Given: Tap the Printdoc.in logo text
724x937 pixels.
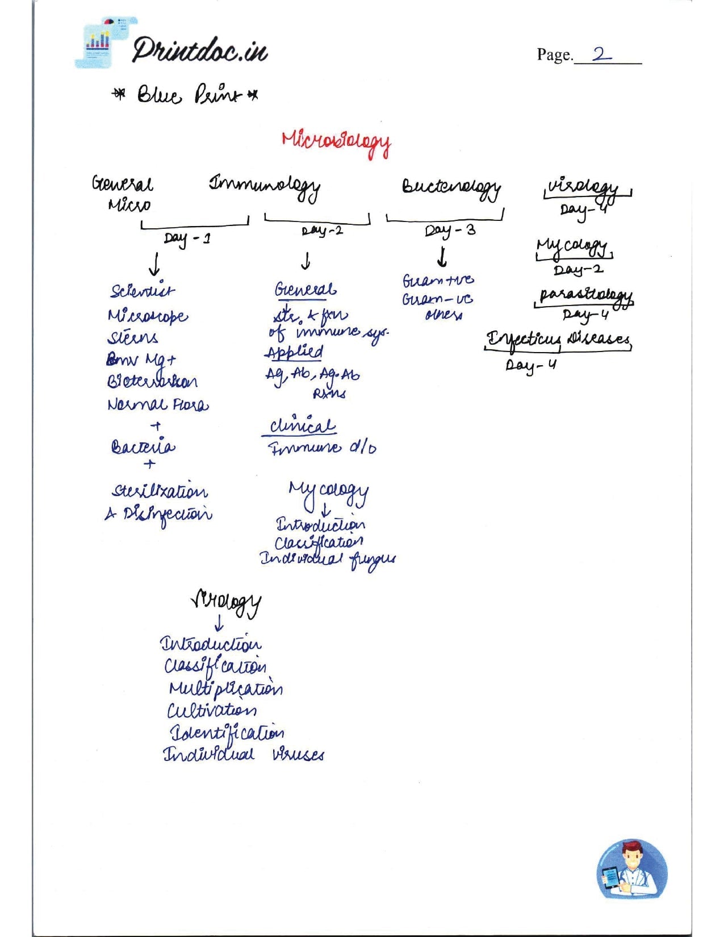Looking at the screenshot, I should (199, 51).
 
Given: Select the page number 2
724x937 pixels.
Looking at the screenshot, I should (601, 55).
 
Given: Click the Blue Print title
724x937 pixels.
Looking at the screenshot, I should (185, 94).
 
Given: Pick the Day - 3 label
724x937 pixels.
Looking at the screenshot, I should (450, 231).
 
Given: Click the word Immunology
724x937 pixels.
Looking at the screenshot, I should (264, 187).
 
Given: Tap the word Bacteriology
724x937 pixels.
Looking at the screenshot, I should (451, 188).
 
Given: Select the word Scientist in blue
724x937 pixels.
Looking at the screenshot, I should (143, 291).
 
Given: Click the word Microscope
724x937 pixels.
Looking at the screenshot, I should (148, 316).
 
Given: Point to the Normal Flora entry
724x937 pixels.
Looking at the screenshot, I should (158, 405).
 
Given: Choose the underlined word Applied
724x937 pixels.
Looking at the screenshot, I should (294, 353).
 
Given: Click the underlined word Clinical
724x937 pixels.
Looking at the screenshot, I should (302, 426).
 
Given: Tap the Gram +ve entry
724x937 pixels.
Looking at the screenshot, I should (438, 281).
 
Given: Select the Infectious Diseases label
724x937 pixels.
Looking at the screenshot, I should (558, 340).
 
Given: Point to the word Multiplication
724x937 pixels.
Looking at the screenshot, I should (225, 688).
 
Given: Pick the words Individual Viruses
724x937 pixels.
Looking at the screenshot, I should (243, 754).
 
